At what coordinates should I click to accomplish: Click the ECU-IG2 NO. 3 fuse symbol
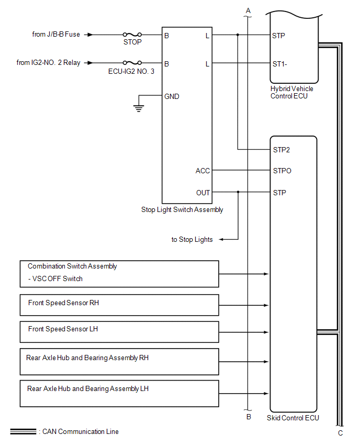[x=132, y=63]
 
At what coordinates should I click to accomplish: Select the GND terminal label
[x=172, y=96]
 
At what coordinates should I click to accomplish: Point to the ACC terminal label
[x=203, y=171]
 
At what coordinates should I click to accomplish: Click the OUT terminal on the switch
[x=203, y=193]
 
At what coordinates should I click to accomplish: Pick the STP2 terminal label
[x=282, y=150]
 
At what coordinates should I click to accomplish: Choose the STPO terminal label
[x=282, y=171]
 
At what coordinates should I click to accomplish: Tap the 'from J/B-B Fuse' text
[x=56, y=35]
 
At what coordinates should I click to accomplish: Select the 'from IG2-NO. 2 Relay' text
[x=49, y=63]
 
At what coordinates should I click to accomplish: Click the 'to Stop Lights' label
[x=192, y=239]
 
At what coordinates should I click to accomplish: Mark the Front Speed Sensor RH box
[x=119, y=305]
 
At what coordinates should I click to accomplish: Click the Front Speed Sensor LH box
[x=119, y=332]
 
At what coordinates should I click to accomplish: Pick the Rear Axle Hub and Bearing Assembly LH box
[x=119, y=393]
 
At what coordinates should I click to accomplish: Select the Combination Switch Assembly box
[x=119, y=273]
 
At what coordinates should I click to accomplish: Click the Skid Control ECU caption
[x=293, y=418]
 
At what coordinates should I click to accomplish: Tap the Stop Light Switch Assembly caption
[x=182, y=209]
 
